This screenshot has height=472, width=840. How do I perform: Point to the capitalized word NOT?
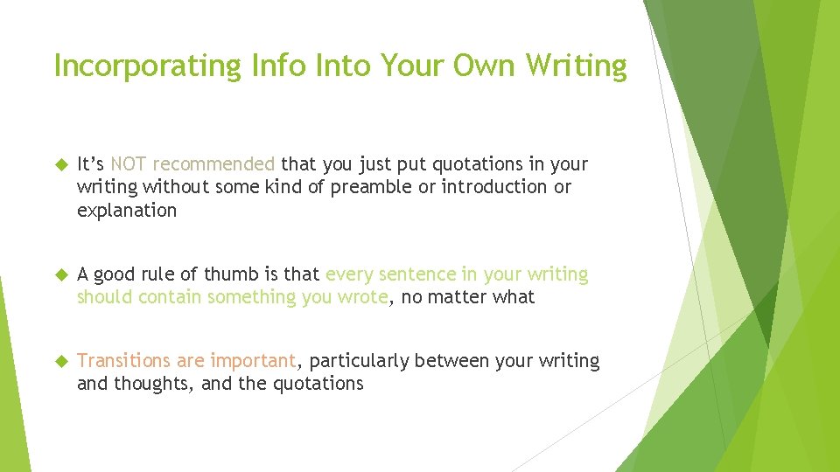pos(129,164)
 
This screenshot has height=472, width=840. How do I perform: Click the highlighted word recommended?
pos(214,164)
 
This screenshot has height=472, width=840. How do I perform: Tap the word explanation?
pos(127,211)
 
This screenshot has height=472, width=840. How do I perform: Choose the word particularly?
pos(360,361)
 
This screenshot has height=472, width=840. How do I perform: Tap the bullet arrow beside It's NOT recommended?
pos(60,164)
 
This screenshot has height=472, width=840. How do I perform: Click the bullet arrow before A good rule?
pos(60,274)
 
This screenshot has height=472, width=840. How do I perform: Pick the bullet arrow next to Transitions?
pos(60,361)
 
